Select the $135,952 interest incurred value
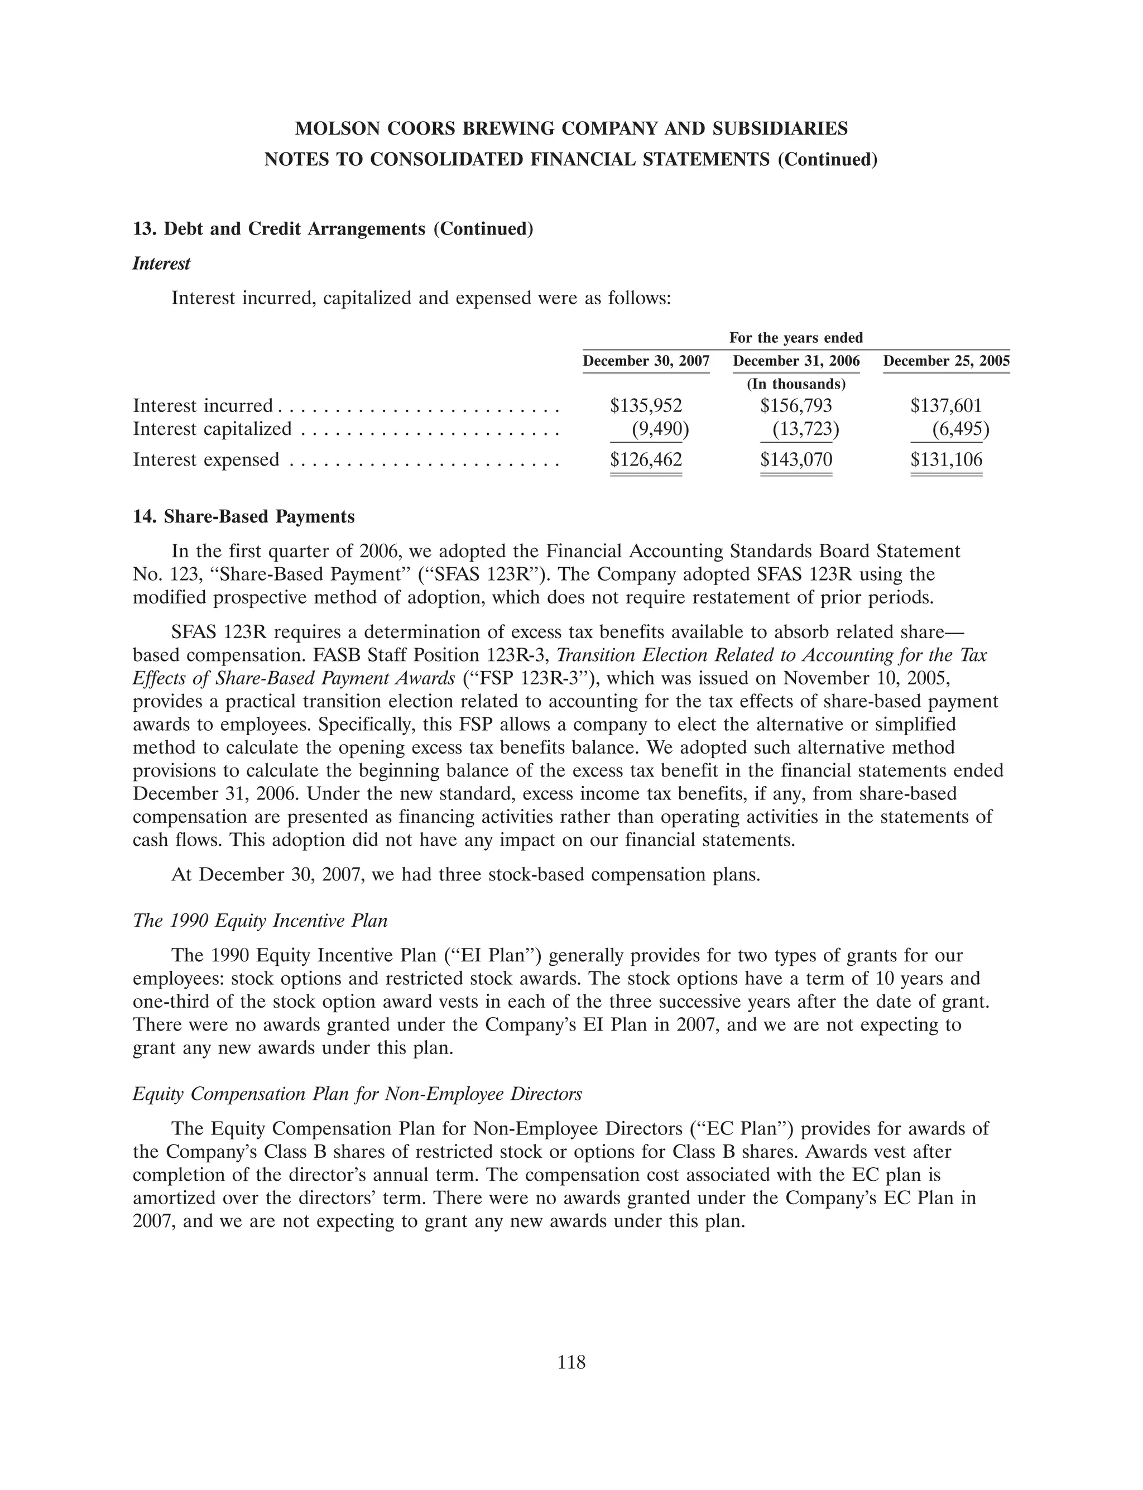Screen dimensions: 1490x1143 pyautogui.click(x=646, y=406)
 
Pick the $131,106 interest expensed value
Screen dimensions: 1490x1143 pyautogui.click(x=947, y=460)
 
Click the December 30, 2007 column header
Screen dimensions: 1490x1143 pyautogui.click(x=646, y=361)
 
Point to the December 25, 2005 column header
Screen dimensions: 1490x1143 pyautogui.click(x=947, y=361)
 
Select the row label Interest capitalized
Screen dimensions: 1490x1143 pyautogui.click(x=212, y=429)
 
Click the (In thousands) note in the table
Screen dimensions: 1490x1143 pyautogui.click(x=796, y=384)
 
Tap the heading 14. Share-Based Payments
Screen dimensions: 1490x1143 pyautogui.click(x=243, y=517)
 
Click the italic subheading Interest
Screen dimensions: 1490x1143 pyautogui.click(x=161, y=264)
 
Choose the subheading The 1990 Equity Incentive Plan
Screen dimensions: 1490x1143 pyautogui.click(x=260, y=921)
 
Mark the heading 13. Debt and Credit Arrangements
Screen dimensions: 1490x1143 pyautogui.click(x=333, y=229)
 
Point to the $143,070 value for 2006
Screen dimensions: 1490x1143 pyautogui.click(x=796, y=460)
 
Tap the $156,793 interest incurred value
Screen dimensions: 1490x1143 pyautogui.click(x=796, y=406)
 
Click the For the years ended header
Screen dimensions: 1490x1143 pyautogui.click(x=796, y=337)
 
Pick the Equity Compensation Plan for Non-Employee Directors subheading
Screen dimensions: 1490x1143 pyautogui.click(x=357, y=1095)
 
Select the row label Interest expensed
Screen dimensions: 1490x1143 pyautogui.click(x=205, y=460)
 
